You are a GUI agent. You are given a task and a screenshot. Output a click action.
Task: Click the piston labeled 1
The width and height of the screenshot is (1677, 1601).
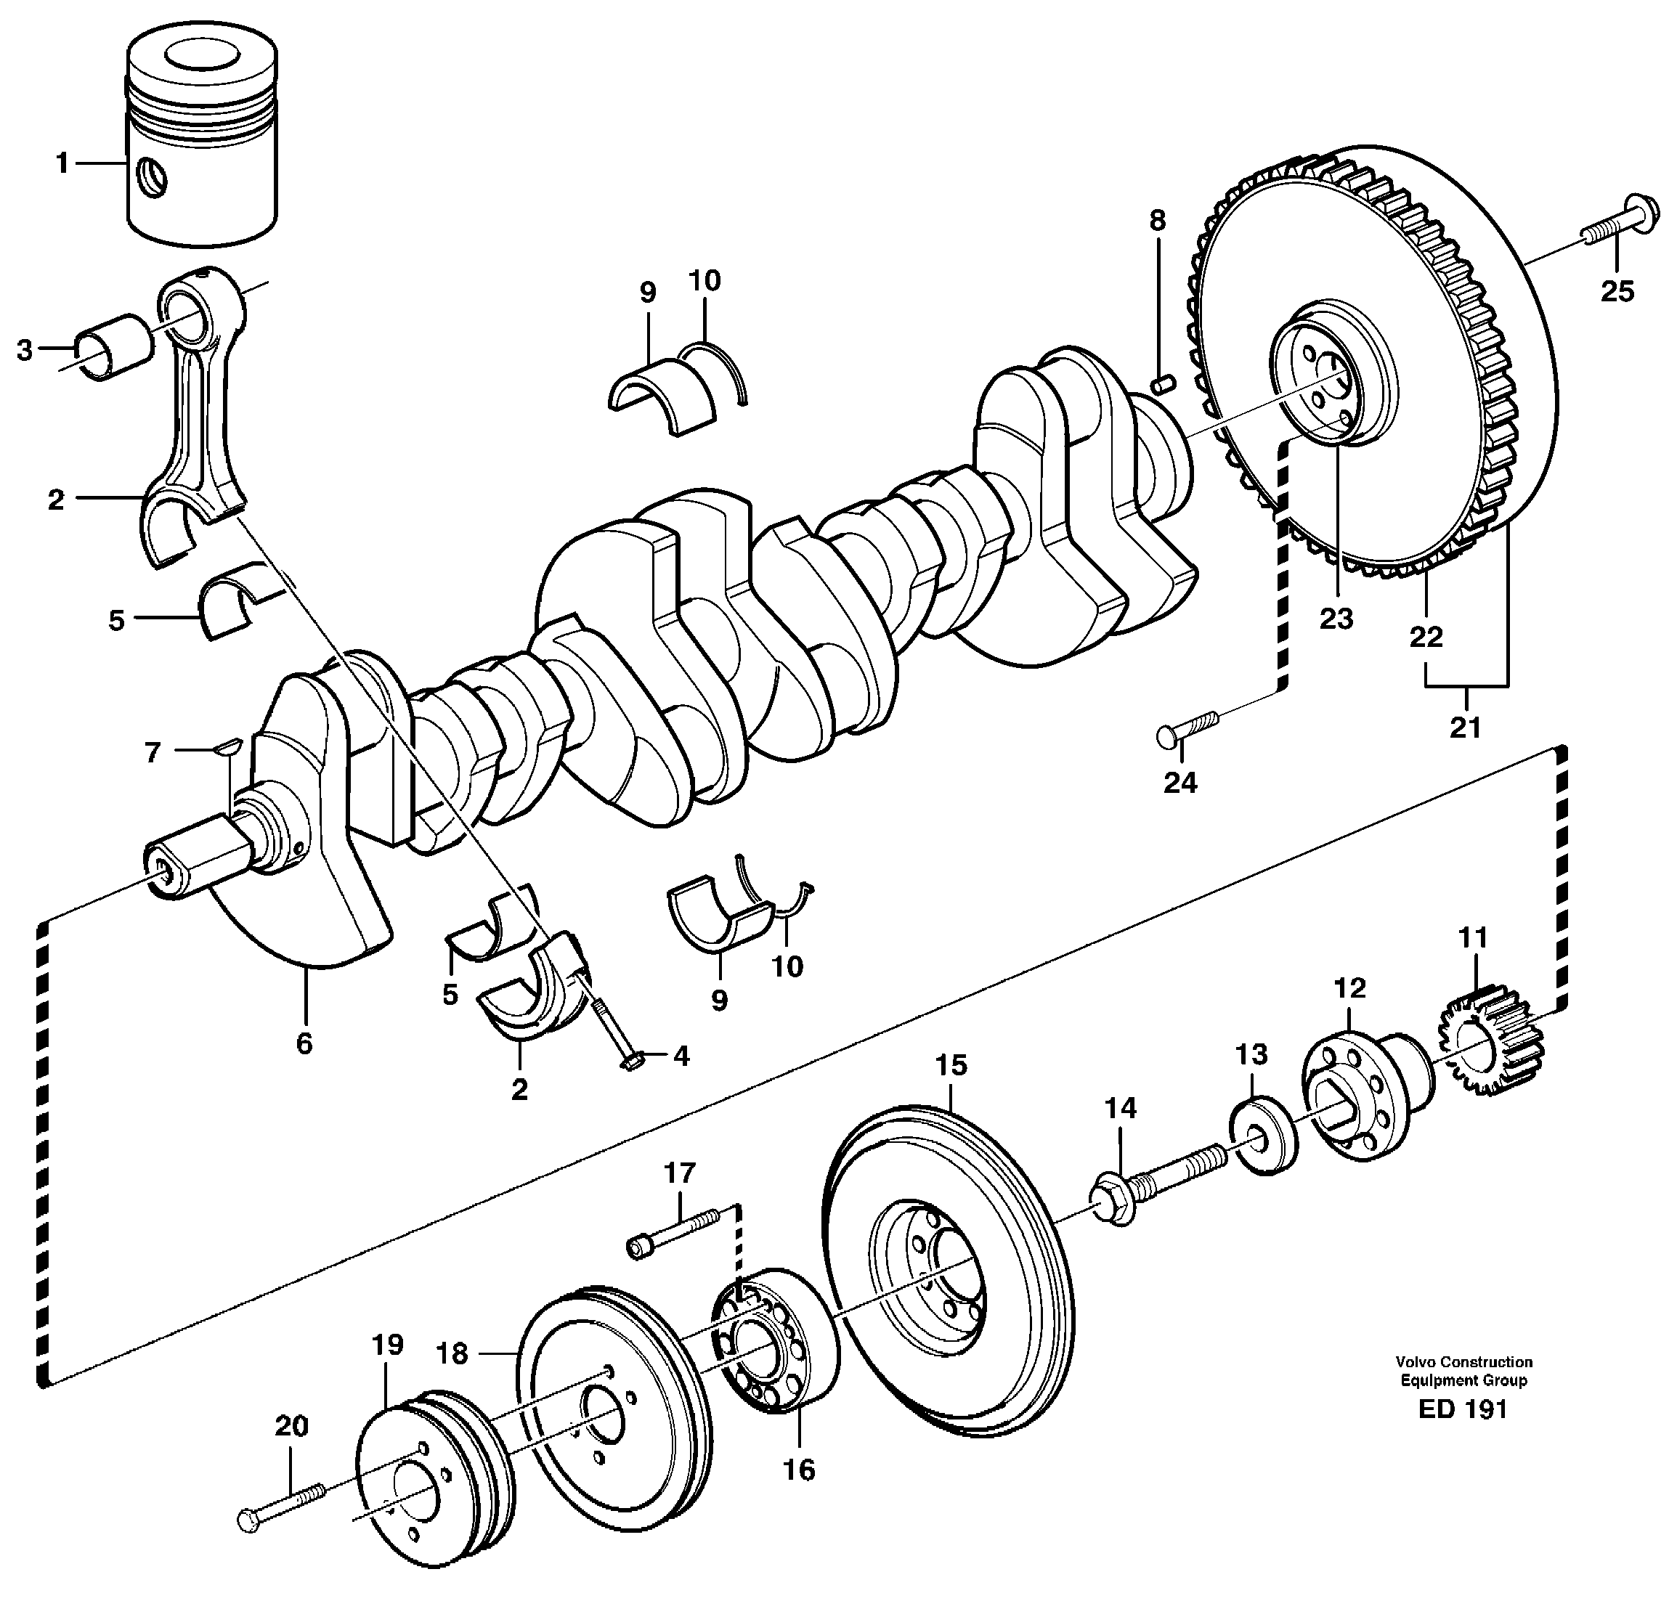pos(202,145)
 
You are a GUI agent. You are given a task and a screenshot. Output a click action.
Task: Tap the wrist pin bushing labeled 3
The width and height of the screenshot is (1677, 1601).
pos(113,346)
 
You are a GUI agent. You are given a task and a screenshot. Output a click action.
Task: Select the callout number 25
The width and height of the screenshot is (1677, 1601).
pos(1617,292)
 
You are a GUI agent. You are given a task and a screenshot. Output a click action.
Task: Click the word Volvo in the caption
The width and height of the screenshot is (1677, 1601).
pos(1415,1362)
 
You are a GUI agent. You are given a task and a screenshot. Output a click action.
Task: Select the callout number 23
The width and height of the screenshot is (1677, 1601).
pos(1336,619)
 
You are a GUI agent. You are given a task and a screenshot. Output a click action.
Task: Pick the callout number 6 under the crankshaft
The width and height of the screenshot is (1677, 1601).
pos(304,1043)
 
